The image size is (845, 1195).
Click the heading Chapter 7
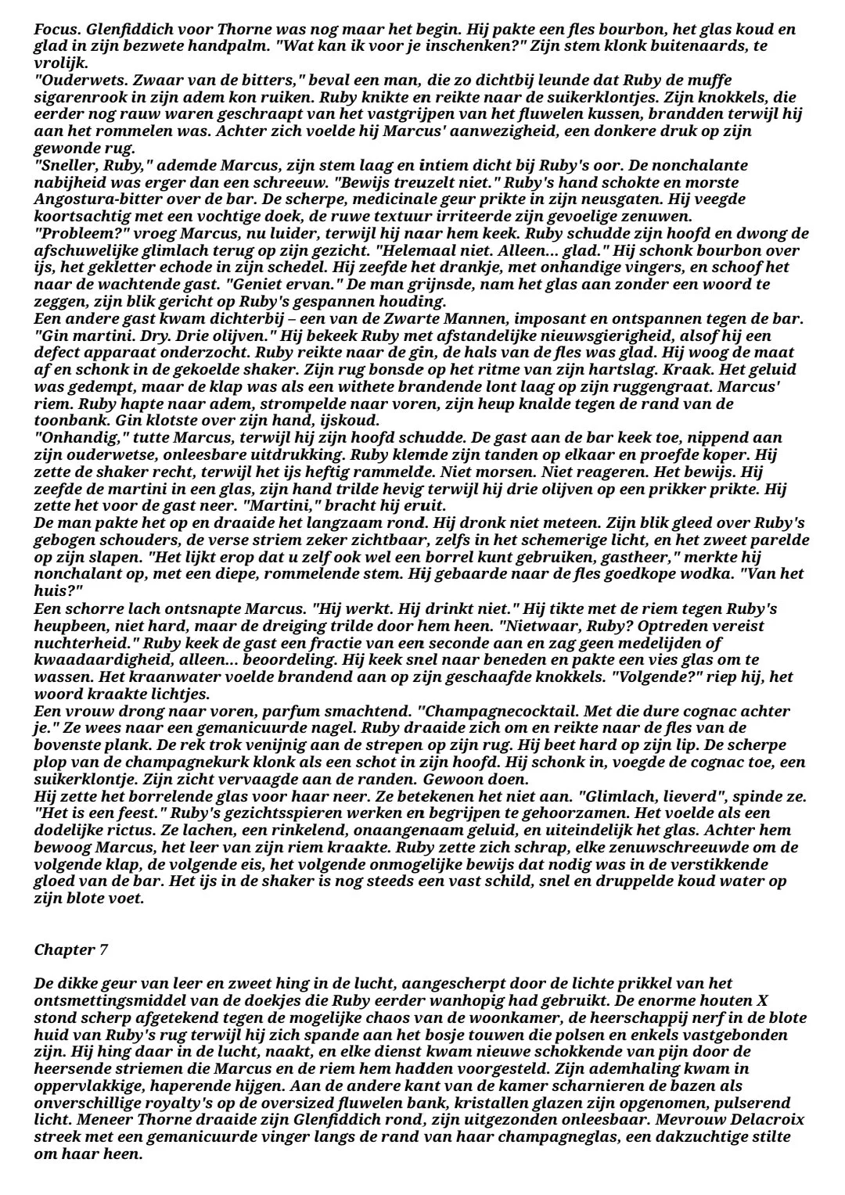tap(71, 950)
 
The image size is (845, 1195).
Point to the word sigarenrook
tap(76, 96)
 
